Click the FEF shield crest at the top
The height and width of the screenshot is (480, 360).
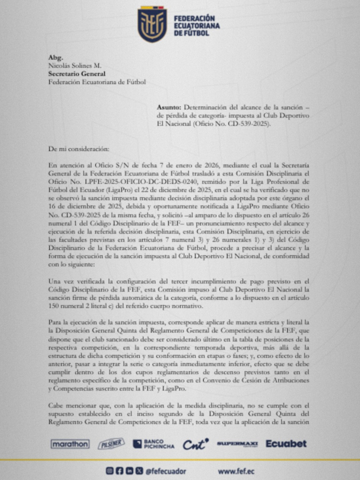tap(152, 24)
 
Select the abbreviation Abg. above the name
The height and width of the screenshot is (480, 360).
tap(55, 57)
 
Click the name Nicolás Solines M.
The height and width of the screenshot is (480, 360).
tap(75, 65)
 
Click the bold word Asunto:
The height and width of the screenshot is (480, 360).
tap(169, 107)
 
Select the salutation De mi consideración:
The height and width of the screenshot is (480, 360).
tap(79, 149)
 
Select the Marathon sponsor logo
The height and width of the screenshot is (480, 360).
tap(70, 444)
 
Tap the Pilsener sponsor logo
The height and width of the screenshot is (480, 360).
tap(111, 444)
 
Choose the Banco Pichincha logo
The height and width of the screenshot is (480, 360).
tap(153, 444)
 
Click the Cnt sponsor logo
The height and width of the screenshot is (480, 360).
tap(195, 444)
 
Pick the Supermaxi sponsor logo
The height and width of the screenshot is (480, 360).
tap(237, 444)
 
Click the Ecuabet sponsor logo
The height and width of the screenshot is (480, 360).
tap(286, 443)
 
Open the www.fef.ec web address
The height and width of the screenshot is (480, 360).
tap(237, 471)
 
